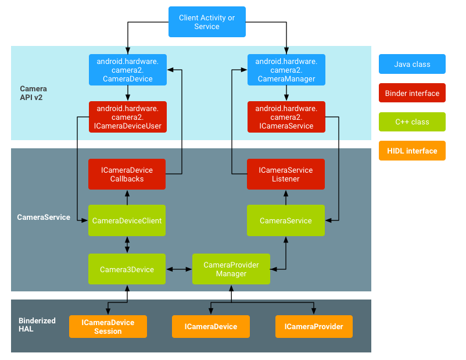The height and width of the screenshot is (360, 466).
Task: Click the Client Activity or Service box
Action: [207, 22]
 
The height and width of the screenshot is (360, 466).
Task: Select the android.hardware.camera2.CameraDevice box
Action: [127, 70]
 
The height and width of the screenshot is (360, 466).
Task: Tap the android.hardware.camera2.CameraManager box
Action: [286, 70]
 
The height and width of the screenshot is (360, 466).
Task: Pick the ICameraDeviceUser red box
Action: [127, 117]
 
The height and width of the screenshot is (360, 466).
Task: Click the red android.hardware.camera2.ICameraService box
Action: [286, 117]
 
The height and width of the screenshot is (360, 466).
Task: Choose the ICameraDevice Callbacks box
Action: [127, 174]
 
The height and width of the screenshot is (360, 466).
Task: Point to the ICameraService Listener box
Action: [286, 174]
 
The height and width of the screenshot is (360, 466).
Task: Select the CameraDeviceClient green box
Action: [127, 220]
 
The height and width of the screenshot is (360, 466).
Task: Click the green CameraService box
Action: [286, 220]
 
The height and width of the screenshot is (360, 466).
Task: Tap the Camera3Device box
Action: [127, 269]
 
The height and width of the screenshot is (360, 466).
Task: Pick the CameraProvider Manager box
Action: [231, 269]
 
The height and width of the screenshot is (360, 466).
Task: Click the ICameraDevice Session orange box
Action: [108, 327]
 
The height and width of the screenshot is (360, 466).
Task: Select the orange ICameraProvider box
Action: [314, 327]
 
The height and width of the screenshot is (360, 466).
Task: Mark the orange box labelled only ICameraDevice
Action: [211, 327]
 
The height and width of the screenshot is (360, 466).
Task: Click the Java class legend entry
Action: [412, 64]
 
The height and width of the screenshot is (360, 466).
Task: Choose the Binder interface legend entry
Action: [412, 93]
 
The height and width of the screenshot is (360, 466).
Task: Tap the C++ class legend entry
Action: [412, 122]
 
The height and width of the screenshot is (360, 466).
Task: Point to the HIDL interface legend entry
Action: [412, 151]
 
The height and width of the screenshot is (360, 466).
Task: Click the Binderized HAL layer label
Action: [37, 325]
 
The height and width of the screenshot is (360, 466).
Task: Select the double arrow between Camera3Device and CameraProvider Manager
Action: [179, 269]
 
